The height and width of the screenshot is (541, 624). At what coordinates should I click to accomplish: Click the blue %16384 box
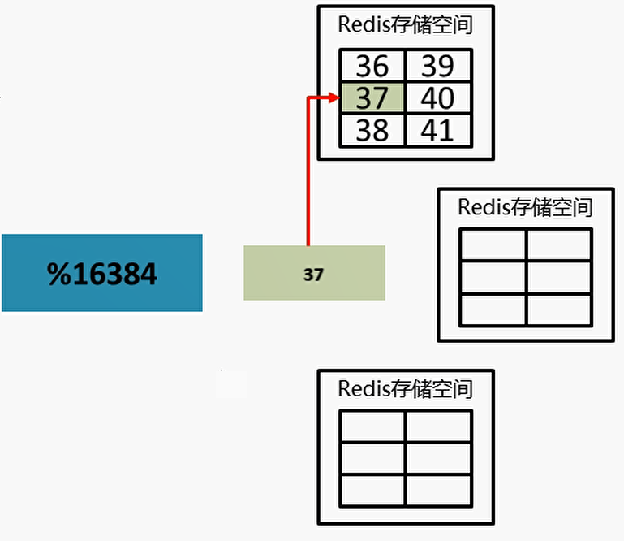(x=101, y=273)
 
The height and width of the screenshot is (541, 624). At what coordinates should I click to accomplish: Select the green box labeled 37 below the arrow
(x=314, y=274)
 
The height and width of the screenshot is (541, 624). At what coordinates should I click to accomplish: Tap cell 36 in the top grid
(x=372, y=67)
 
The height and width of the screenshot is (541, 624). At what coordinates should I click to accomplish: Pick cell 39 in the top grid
(x=437, y=67)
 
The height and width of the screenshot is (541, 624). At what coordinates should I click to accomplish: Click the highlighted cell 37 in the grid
(x=372, y=98)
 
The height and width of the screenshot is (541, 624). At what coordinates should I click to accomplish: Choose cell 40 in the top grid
(x=437, y=98)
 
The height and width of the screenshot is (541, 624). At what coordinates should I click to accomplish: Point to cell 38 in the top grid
(x=372, y=130)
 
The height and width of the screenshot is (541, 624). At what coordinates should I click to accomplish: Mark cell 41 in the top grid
(x=437, y=130)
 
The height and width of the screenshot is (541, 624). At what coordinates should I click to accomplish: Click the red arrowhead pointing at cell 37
(x=333, y=98)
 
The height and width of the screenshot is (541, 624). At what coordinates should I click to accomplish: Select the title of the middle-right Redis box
(x=525, y=206)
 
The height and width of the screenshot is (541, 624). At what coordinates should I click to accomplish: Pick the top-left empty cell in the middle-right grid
(x=493, y=245)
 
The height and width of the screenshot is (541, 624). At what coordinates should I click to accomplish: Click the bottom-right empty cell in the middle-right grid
(x=558, y=309)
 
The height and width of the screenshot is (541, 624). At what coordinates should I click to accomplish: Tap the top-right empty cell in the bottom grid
(x=438, y=426)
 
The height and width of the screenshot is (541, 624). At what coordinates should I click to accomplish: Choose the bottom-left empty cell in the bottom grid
(x=372, y=490)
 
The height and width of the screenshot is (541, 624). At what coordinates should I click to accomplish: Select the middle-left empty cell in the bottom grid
(x=372, y=458)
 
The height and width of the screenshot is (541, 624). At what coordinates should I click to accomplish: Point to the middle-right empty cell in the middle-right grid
(x=558, y=277)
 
